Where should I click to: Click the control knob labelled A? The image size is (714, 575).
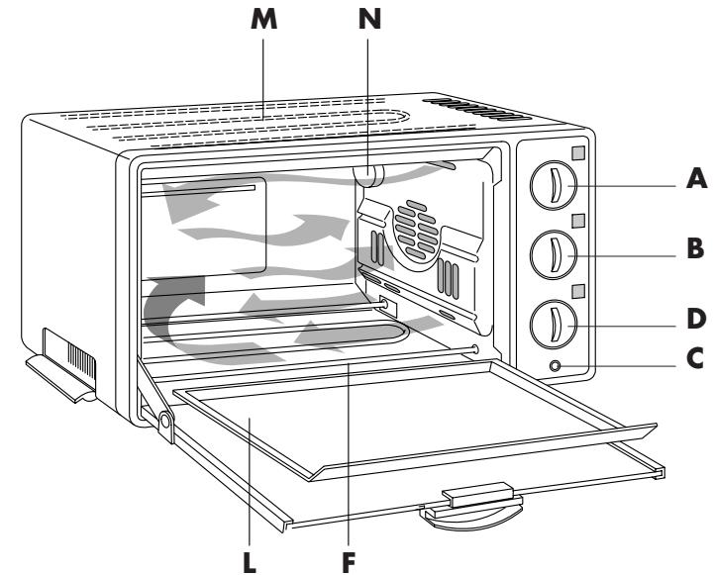pyautogui.click(x=551, y=184)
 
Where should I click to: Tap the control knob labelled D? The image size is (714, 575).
pyautogui.click(x=551, y=324)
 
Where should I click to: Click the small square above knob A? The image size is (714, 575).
pyautogui.click(x=578, y=153)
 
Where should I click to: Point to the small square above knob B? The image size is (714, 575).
pyautogui.click(x=578, y=221)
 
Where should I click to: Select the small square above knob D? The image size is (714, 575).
pyautogui.click(x=578, y=291)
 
